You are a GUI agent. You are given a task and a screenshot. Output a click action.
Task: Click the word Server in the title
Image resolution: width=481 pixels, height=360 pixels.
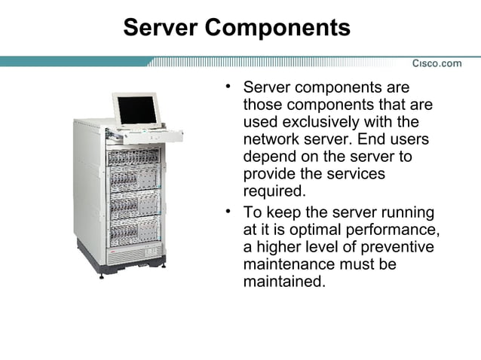pyautogui.click(x=160, y=28)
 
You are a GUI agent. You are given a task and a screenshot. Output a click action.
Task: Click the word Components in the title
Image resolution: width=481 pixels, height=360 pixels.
pyautogui.click(x=277, y=28)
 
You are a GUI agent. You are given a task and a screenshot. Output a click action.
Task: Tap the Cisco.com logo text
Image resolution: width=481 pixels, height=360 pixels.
pyautogui.click(x=437, y=63)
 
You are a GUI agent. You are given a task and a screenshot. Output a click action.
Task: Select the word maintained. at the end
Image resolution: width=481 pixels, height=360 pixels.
pyautogui.click(x=285, y=282)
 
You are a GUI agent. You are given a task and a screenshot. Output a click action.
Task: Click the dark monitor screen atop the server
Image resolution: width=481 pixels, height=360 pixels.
pyautogui.click(x=136, y=110)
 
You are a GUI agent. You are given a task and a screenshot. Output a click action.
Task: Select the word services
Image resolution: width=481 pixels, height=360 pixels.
pyautogui.click(x=355, y=173)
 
